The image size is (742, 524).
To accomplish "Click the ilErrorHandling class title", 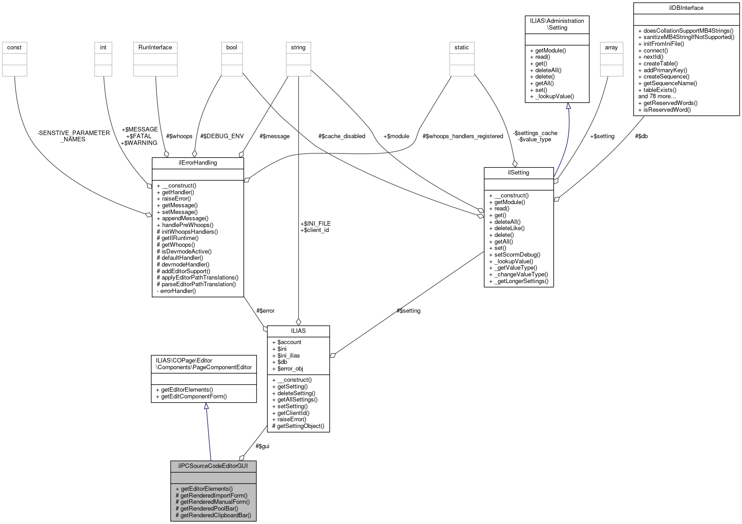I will click(198, 163).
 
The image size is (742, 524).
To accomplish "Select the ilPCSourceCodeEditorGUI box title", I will click(213, 466).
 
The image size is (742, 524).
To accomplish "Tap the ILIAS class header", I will click(298, 331).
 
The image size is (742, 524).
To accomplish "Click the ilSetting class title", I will click(518, 173).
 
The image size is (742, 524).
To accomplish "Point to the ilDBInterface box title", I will click(686, 8).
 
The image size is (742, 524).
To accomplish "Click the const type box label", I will click(14, 48).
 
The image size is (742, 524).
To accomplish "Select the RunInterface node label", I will click(155, 48).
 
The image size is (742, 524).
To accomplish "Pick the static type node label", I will click(461, 48).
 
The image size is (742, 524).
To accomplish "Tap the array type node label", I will click(611, 48).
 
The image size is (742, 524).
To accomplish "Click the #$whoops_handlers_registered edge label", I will click(463, 136).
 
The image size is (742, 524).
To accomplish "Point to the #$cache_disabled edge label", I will click(341, 136).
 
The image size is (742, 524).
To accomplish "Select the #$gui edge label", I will click(262, 446).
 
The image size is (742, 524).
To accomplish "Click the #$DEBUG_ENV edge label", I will click(222, 136).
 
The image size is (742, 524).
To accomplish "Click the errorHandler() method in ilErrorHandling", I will click(178, 291).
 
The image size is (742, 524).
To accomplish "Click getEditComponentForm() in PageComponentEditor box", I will click(194, 397).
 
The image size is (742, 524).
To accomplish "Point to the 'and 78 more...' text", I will click(657, 96).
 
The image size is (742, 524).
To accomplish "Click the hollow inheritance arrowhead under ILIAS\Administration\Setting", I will click(568, 106).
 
